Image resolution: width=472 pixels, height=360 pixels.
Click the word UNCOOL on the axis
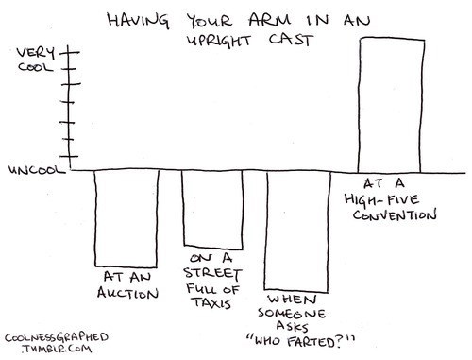[37, 170]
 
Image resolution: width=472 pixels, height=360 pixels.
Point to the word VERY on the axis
[36, 53]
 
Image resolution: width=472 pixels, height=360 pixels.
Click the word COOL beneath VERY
[35, 67]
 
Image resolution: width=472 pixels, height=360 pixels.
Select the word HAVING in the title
[138, 20]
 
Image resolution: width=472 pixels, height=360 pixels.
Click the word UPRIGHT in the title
[219, 41]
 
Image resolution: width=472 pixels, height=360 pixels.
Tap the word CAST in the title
[291, 40]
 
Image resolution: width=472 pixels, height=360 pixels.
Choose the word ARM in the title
[270, 20]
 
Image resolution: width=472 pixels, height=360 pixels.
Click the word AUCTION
[127, 293]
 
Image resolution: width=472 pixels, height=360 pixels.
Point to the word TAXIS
[212, 302]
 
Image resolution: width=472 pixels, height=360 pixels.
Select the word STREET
[212, 273]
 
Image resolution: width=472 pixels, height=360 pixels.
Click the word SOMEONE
[292, 313]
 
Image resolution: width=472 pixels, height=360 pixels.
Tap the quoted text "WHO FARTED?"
[301, 341]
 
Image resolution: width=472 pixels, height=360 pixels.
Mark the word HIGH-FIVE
[381, 200]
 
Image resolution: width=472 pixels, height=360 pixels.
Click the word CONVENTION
[395, 215]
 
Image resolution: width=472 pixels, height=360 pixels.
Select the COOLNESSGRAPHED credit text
[57, 337]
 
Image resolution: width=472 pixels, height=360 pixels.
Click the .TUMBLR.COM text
[57, 349]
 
